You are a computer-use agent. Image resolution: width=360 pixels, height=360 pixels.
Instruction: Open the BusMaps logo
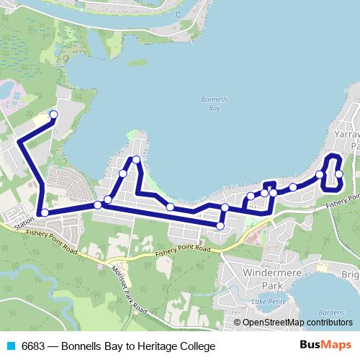(325, 346)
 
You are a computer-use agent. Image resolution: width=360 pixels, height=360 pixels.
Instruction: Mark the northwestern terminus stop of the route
(53, 114)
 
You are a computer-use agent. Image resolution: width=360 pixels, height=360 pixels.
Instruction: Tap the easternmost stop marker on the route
(338, 174)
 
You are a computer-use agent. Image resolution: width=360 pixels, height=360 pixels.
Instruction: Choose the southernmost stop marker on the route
(220, 226)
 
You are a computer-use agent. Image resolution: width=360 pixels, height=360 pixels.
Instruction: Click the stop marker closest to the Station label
(45, 212)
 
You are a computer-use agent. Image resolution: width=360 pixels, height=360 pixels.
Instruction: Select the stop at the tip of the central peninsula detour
(135, 159)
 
